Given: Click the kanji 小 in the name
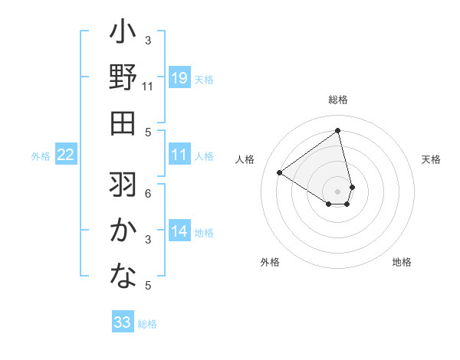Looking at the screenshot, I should coord(123,34).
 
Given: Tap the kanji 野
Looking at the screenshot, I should coord(123,79).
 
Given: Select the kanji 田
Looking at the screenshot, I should coord(123,123).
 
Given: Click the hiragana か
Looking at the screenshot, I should coord(123,230).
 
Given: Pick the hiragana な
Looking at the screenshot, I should coord(123,274).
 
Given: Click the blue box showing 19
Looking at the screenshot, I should coord(179,78).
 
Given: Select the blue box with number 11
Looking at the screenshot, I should coord(179,155).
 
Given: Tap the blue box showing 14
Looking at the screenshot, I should coord(179,231).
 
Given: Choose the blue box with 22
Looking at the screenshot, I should coord(66,155).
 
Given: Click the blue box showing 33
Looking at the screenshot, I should coord(123,322).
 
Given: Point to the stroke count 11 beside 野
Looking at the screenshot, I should coord(148,87).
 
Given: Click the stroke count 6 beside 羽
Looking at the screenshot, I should coord(148,193).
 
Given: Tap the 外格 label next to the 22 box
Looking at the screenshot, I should coord(41,156).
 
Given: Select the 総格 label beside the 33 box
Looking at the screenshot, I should coord(147,323).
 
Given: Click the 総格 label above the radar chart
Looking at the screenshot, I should coord(338,100).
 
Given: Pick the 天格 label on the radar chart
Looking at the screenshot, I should coord(432,159).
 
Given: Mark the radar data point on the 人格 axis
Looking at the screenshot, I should coord(280,173).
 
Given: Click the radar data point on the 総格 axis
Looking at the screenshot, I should coord(338,130).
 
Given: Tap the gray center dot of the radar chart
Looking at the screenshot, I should coord(338,190).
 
